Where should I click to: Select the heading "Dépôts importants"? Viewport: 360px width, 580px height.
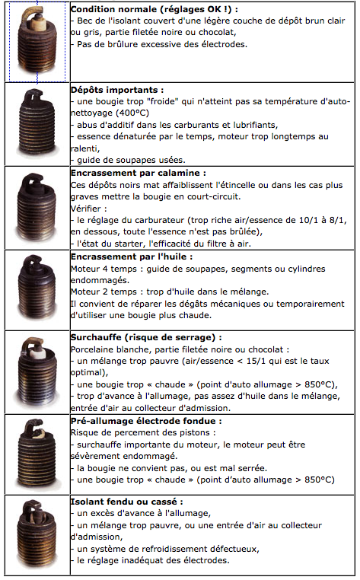click(x=115, y=90)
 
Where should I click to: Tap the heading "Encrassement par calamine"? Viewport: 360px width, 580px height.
click(x=136, y=173)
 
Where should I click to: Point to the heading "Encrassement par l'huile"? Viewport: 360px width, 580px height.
click(x=129, y=257)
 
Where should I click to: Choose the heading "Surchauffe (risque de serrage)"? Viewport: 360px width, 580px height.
click(x=144, y=337)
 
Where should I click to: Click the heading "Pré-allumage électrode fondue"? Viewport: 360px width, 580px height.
click(x=144, y=421)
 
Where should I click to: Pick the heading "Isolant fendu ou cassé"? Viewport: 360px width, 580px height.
click(x=124, y=502)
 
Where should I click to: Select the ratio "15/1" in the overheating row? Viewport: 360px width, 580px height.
click(x=256, y=361)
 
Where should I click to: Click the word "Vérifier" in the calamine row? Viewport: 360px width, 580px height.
click(x=85, y=209)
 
